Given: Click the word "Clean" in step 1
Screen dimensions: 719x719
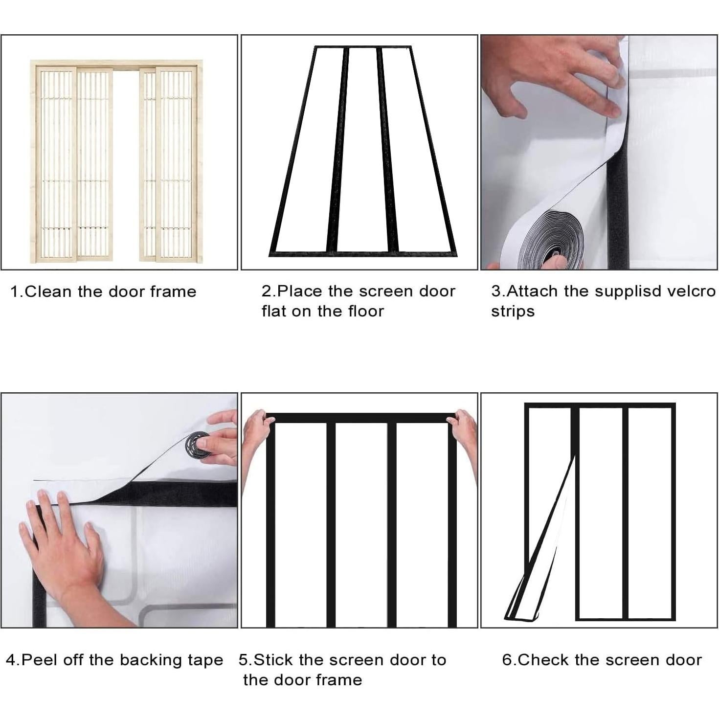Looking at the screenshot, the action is coord(48,292).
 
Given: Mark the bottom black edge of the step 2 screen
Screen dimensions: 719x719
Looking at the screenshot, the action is coord(363,254).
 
